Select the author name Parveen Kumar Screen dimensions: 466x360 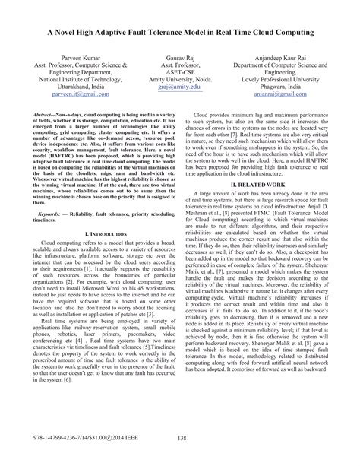click(x=63, y=57)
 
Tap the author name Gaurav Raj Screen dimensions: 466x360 click(x=179, y=57)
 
